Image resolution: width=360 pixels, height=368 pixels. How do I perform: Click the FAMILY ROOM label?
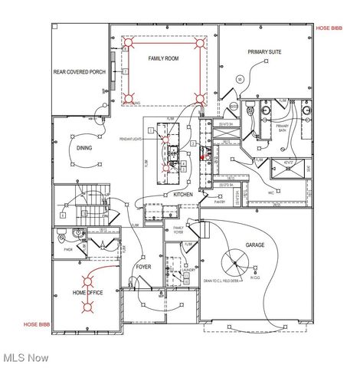[163, 58]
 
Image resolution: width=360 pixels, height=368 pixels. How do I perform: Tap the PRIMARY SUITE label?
[264, 52]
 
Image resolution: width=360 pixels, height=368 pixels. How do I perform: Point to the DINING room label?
[84, 148]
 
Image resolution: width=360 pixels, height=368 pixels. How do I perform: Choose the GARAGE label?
[254, 245]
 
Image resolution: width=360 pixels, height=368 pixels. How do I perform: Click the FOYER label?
[143, 267]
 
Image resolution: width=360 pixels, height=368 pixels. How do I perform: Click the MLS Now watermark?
[26, 357]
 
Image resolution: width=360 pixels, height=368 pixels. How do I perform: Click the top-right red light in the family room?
[202, 44]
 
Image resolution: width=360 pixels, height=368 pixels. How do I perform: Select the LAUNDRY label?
[188, 270]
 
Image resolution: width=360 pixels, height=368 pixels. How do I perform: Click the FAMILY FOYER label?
[179, 229]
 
